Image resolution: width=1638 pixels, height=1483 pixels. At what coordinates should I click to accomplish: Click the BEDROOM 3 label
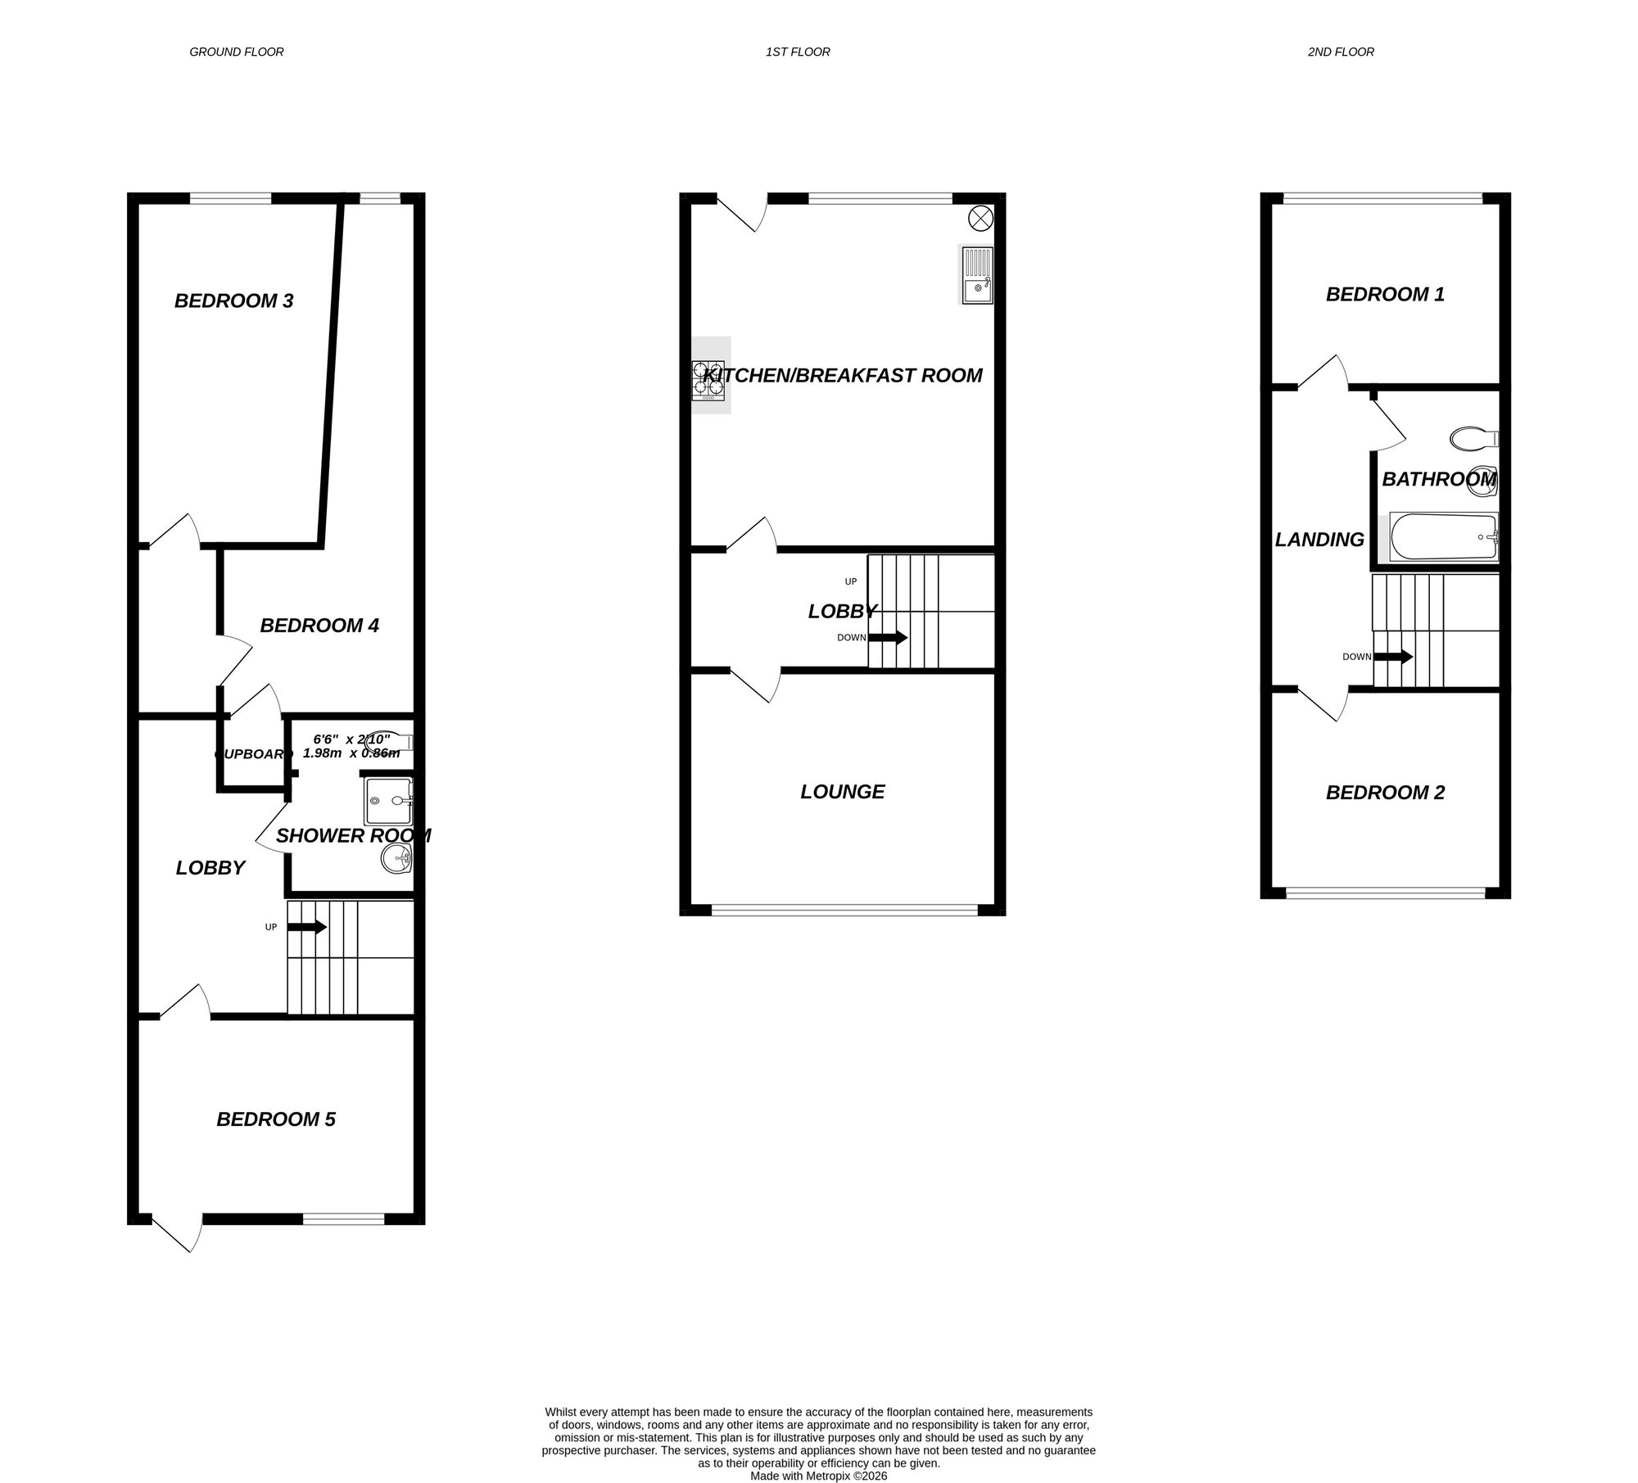(x=233, y=301)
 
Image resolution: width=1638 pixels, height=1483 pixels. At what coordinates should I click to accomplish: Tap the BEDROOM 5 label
(x=276, y=1119)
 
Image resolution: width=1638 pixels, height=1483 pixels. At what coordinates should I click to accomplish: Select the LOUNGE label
(x=842, y=792)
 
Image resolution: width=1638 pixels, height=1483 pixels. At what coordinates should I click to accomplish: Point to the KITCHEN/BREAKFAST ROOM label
(x=842, y=375)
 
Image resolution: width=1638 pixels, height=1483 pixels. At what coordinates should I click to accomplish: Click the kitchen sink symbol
(x=976, y=275)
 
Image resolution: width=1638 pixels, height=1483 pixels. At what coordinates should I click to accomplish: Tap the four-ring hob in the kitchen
(x=708, y=381)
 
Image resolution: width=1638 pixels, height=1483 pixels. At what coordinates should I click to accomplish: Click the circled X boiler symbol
(x=980, y=218)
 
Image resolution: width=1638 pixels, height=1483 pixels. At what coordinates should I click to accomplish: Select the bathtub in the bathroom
(x=1443, y=537)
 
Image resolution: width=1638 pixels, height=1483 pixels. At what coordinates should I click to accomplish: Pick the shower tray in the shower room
(x=389, y=800)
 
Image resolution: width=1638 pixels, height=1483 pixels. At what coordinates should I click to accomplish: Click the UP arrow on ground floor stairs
(x=307, y=927)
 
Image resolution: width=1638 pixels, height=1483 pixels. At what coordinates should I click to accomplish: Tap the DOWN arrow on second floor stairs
(x=1392, y=657)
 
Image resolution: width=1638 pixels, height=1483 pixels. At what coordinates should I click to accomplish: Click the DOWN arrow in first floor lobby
(x=888, y=637)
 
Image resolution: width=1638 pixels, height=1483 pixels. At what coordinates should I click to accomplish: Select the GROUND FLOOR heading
(x=237, y=52)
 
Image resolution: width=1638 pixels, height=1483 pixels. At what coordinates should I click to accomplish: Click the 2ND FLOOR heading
(x=1341, y=52)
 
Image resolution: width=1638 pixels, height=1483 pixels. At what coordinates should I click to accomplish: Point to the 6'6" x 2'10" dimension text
(x=351, y=739)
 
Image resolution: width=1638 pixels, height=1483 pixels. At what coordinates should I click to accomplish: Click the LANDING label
(x=1319, y=540)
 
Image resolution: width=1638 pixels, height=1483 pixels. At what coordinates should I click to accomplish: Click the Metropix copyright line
(x=818, y=1476)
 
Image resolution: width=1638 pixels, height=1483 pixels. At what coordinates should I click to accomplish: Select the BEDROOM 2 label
(x=1385, y=793)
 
